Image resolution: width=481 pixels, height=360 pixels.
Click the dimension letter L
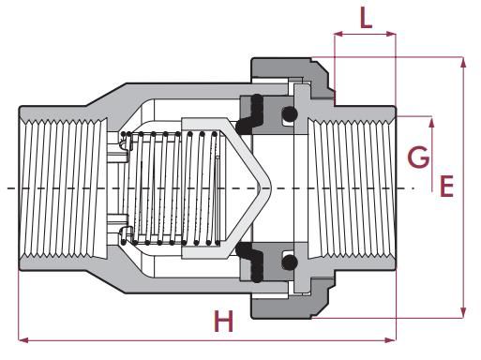tap(366, 18)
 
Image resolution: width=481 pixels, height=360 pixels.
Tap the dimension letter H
tap(223, 321)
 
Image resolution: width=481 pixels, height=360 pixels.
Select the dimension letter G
tap(418, 157)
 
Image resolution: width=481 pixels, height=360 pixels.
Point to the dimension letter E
tap(446, 187)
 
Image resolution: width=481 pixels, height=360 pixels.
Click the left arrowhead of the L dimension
tap(338, 34)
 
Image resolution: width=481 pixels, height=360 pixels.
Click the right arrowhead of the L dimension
tap(391, 34)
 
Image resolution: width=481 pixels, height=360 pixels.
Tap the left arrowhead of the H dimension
tap(23, 340)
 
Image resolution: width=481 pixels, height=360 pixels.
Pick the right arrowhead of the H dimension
tap(391, 340)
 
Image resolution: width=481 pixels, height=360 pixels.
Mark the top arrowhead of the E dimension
tap(463, 63)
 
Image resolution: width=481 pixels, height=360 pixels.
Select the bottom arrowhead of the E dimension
tap(463, 312)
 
